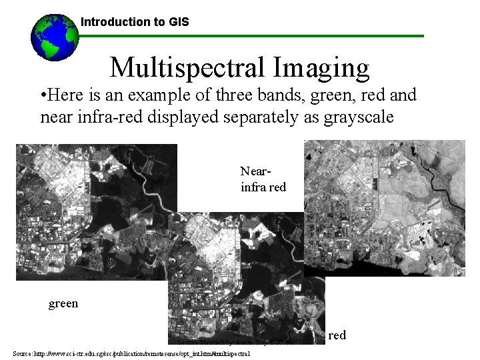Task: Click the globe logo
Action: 55,37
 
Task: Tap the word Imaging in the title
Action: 325,67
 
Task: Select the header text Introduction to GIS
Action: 135,22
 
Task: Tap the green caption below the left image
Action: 63,304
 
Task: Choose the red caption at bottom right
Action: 337,335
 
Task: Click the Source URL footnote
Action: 131,353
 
